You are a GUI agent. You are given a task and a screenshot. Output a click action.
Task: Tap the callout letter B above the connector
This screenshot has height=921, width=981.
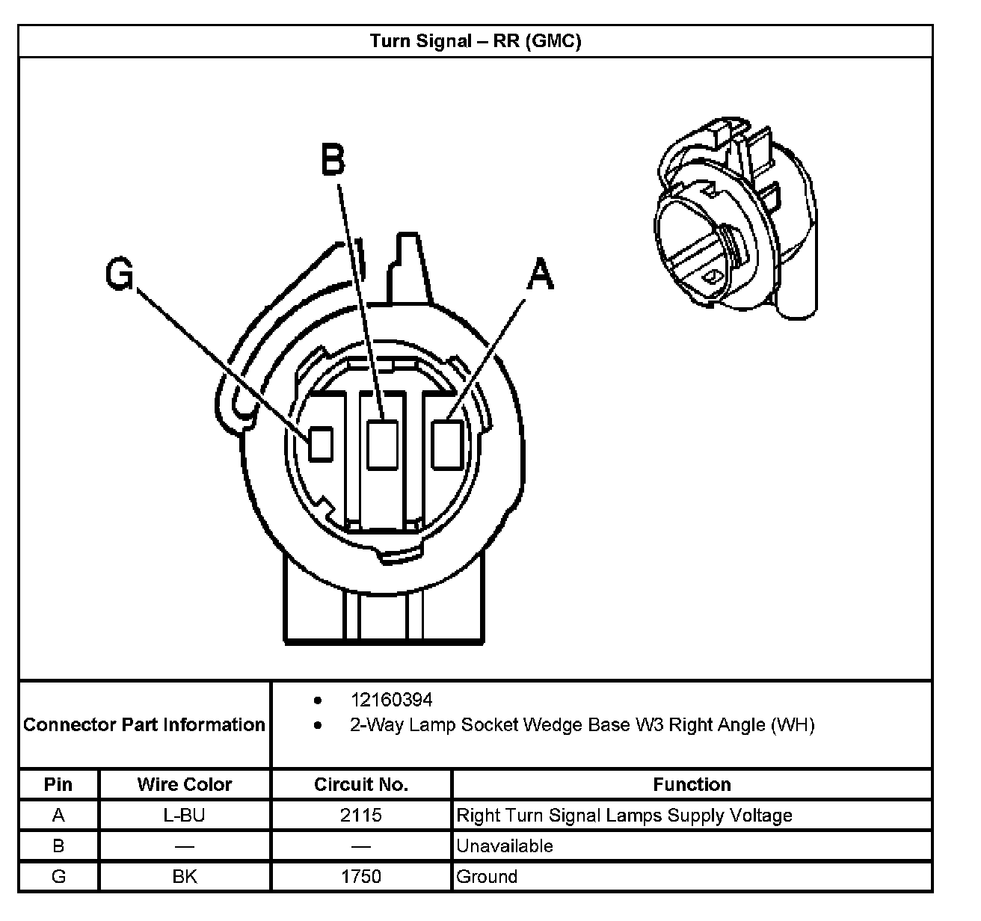(333, 159)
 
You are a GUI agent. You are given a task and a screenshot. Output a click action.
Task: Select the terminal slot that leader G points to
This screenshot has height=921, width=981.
(322, 443)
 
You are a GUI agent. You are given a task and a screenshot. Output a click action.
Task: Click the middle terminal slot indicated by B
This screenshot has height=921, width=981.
(382, 444)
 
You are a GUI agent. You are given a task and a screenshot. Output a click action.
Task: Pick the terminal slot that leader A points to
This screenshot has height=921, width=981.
(447, 443)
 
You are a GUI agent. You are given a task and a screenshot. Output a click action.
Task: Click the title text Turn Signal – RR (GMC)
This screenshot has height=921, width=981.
(476, 40)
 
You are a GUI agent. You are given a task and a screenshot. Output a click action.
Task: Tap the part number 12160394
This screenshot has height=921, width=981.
(391, 700)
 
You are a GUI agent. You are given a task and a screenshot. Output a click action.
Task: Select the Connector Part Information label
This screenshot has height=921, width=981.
(144, 724)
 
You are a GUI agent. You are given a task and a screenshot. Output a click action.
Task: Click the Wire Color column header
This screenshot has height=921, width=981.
(185, 784)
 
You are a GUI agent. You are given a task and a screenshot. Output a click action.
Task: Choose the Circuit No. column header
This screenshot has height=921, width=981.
(361, 784)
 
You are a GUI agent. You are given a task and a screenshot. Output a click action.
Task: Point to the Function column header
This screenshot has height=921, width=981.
(692, 784)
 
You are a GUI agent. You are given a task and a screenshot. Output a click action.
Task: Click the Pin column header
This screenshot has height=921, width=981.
(58, 784)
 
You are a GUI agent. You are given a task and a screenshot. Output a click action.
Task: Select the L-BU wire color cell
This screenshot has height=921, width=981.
(184, 815)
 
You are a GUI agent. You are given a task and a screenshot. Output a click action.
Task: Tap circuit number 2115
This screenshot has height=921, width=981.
(361, 815)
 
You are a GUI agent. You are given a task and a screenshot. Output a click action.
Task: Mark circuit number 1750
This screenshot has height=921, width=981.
(361, 876)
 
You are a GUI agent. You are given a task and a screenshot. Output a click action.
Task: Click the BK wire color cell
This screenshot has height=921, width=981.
(185, 876)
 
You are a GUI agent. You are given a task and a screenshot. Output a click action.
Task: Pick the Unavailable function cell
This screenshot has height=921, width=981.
(505, 845)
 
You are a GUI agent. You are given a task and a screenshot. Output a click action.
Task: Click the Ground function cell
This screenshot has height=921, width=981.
(487, 876)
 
